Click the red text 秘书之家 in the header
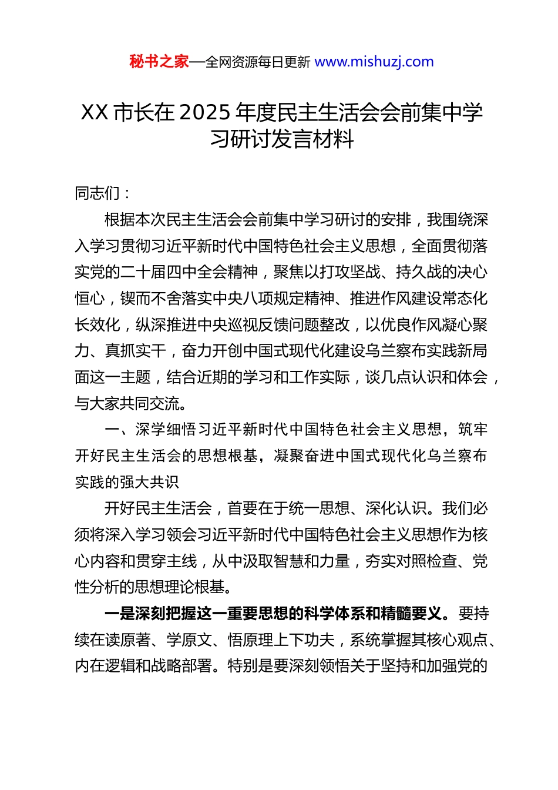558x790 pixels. [159, 61]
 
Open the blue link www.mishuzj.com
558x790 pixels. [374, 61]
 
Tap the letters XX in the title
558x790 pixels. [95, 112]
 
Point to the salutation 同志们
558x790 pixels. [98, 193]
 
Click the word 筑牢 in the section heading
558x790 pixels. [472, 429]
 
